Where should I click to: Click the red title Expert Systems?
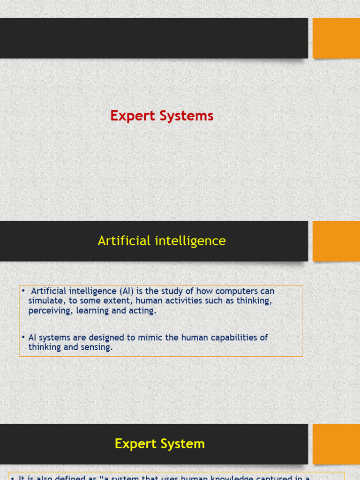162,116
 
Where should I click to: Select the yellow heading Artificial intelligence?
162,241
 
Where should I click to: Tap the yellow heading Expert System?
160,444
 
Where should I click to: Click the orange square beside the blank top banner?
336,38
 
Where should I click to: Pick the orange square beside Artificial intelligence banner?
336,241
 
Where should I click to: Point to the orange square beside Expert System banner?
336,444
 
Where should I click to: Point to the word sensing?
97,347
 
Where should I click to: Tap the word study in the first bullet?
172,292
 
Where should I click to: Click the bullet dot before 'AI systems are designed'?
23,337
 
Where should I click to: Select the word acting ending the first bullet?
142,311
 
